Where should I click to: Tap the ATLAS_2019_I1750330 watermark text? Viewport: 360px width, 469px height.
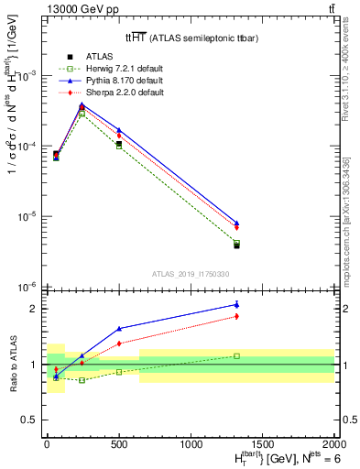[190, 274]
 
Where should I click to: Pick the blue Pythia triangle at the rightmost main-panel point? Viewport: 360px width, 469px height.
[236, 223]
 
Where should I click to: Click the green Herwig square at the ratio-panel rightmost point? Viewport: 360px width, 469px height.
[236, 355]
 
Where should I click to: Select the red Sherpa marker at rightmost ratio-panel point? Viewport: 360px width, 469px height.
[236, 316]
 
